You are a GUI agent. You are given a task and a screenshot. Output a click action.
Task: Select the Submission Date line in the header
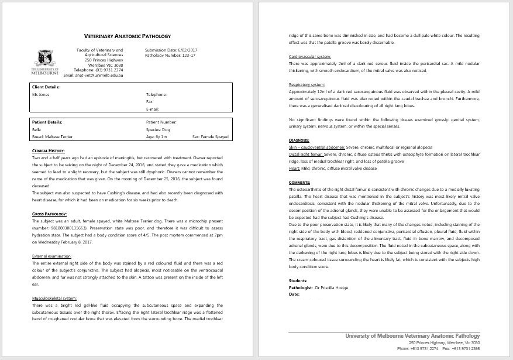pos(170,50)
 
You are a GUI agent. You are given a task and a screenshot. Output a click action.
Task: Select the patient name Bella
pos(37,129)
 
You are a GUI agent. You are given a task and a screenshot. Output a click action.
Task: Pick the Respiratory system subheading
pos(306,84)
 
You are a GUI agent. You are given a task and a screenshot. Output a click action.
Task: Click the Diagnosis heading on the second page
pos(299,140)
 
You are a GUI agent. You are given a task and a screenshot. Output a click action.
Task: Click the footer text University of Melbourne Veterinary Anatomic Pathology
pos(413,336)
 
